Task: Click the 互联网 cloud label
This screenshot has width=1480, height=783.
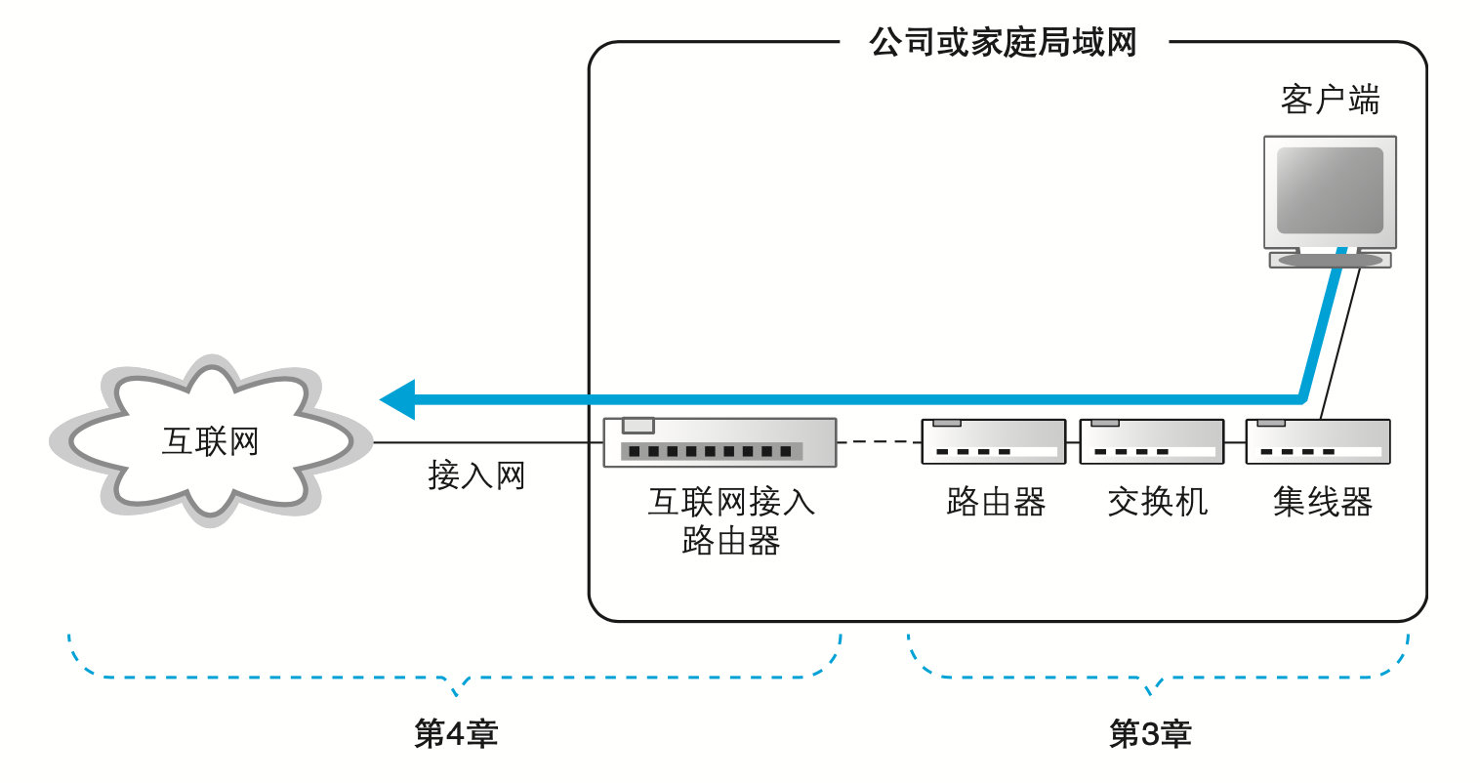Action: tap(210, 441)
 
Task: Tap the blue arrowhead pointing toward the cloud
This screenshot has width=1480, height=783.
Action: tap(398, 399)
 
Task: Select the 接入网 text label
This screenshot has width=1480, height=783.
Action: tap(476, 475)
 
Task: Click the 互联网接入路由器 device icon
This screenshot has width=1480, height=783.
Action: tap(719, 442)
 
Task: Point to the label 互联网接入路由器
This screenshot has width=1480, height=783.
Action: tap(730, 520)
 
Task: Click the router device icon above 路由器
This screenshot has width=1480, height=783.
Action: tap(993, 441)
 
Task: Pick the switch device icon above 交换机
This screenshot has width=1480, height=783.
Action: tap(1151, 441)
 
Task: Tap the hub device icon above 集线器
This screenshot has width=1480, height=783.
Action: tap(1317, 441)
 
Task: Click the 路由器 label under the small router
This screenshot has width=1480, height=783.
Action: tap(996, 502)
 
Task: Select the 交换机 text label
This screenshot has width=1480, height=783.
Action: tap(1157, 502)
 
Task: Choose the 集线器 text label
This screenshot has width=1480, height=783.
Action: tap(1322, 502)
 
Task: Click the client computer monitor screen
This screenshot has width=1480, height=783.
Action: tap(1330, 190)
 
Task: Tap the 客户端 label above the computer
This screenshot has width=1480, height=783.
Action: tap(1330, 100)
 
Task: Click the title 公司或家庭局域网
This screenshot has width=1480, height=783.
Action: tap(1003, 43)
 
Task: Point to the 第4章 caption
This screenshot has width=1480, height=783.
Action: tap(456, 733)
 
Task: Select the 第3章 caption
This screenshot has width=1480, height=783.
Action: tap(1150, 733)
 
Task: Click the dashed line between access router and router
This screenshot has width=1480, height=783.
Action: tap(879, 442)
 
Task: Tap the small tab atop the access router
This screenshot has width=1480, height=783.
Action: tap(638, 425)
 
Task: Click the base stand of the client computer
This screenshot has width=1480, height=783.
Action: tap(1330, 260)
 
